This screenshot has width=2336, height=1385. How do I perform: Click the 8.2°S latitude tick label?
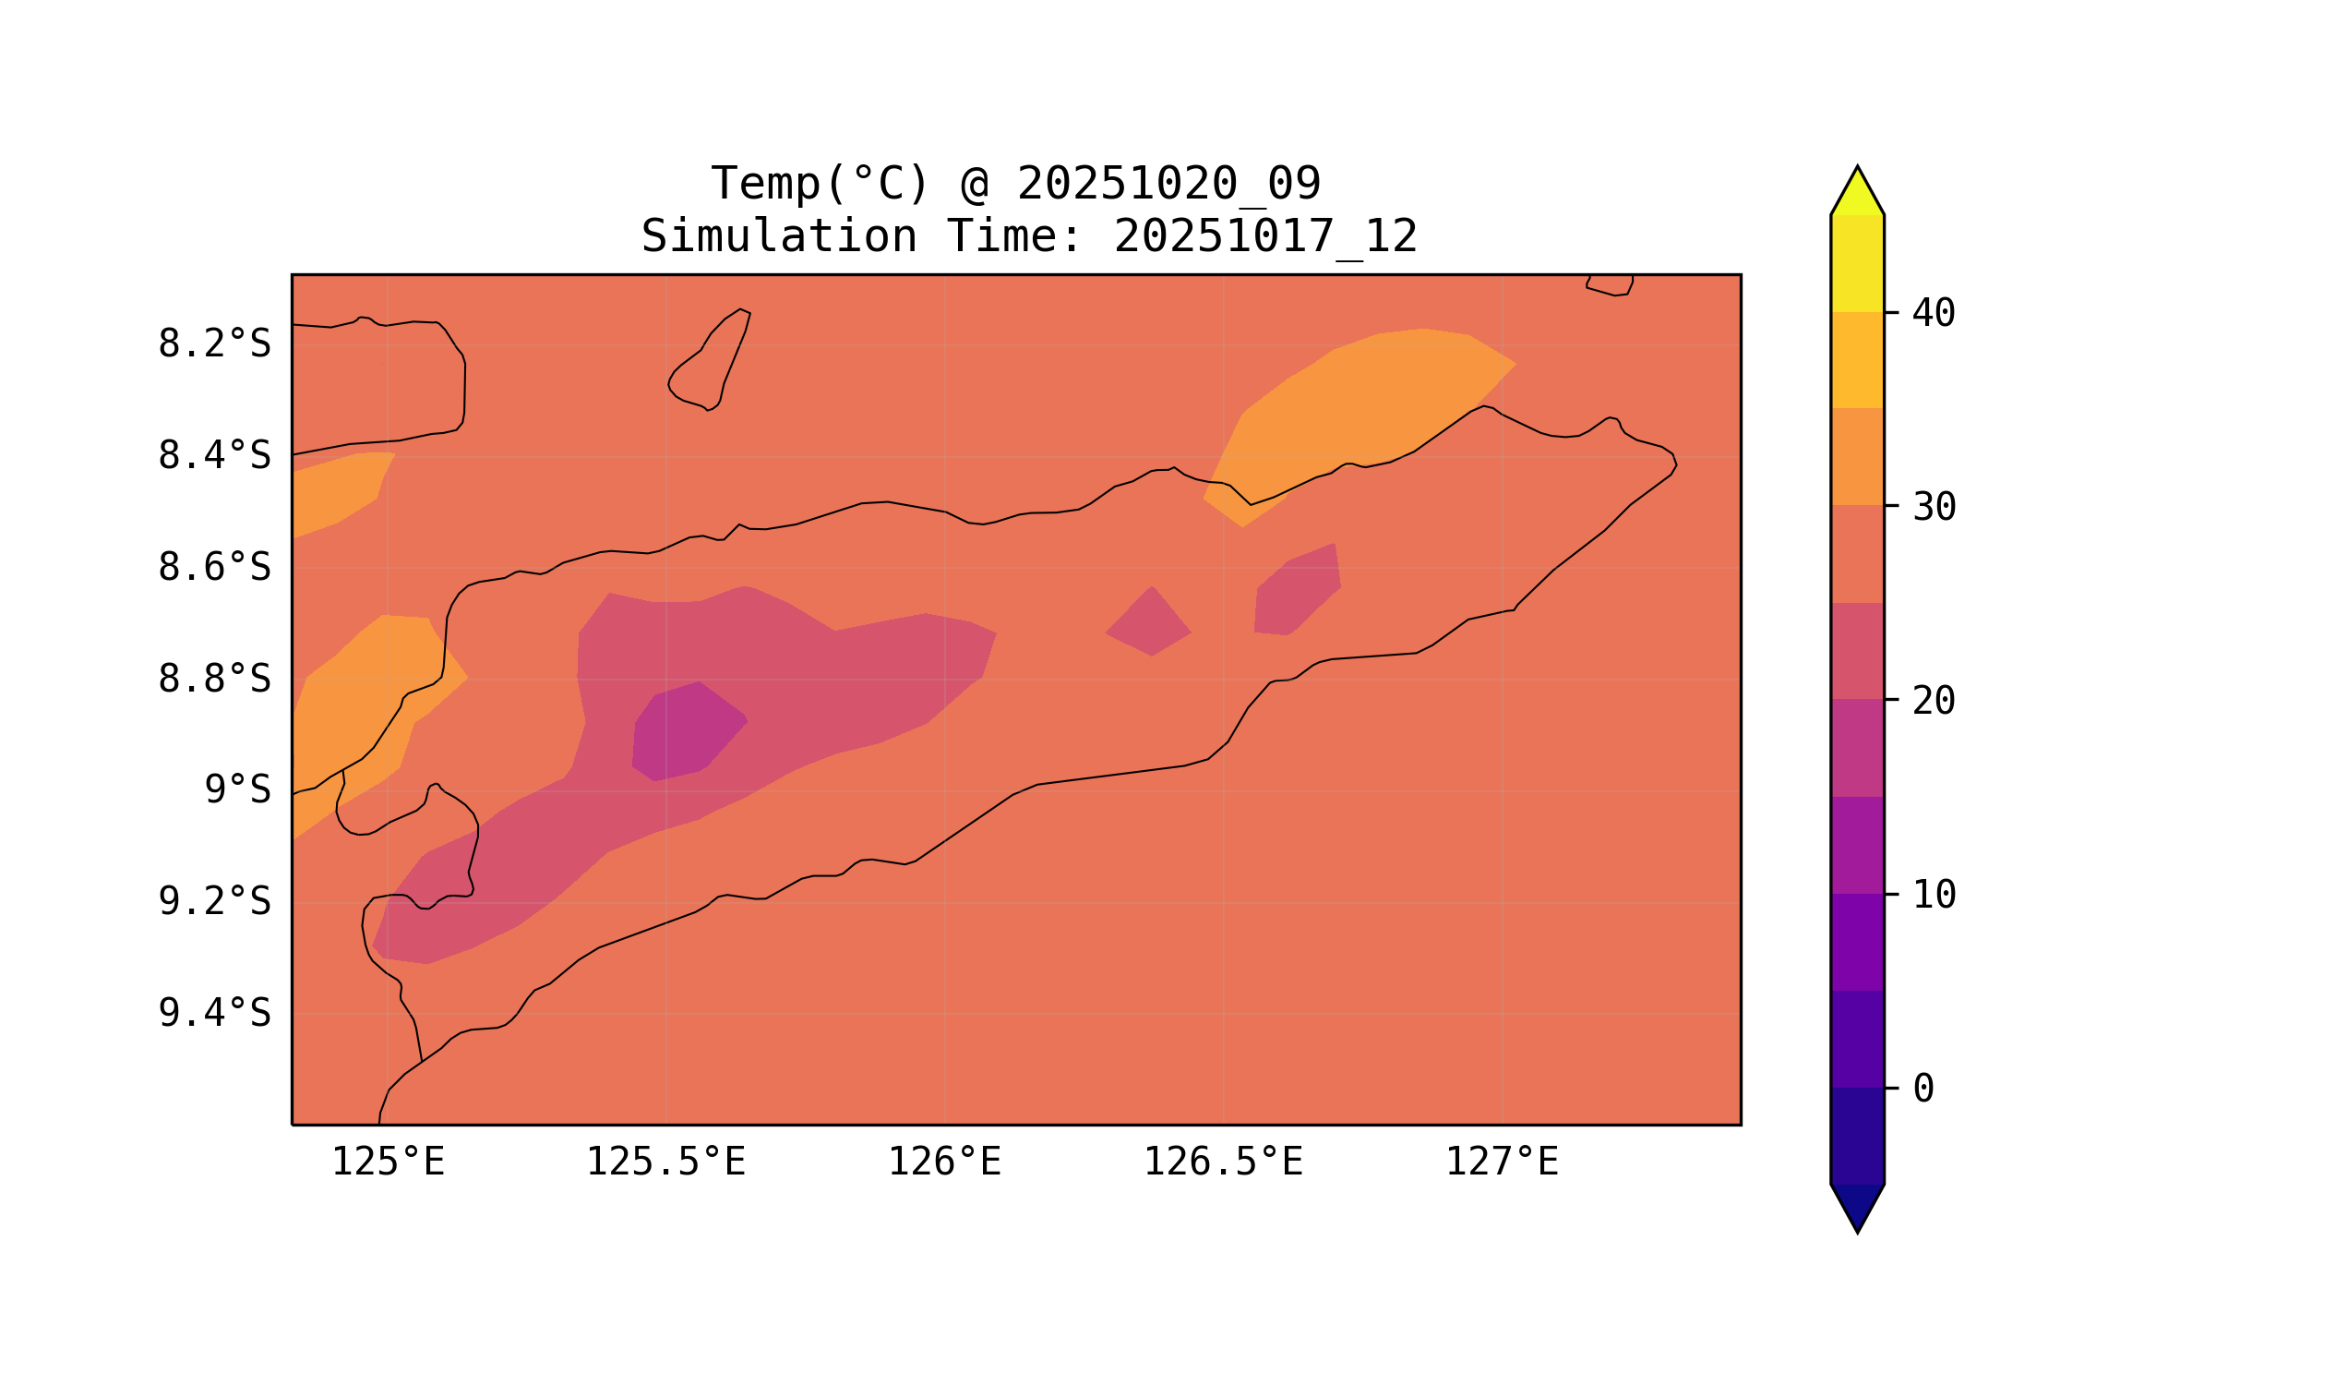[213, 344]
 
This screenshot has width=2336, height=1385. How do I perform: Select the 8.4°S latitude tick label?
[213, 456]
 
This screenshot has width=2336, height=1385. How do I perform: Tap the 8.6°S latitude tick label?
[213, 568]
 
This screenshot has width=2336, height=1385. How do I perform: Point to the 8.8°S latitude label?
[213, 680]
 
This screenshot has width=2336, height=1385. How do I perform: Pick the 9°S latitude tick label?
[237, 790]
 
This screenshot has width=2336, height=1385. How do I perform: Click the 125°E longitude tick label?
[388, 1162]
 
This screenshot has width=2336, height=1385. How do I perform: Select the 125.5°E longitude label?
[665, 1162]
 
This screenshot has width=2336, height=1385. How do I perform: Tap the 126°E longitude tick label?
[944, 1162]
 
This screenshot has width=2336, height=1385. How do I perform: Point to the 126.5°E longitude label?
[1222, 1162]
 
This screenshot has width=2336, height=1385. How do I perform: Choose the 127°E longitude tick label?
[1501, 1162]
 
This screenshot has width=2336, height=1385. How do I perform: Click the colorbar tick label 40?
[1933, 314]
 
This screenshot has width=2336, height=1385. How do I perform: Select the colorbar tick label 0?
[1923, 1090]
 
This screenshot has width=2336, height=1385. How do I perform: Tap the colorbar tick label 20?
[1933, 702]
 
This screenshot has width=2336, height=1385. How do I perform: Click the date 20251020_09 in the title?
[1168, 184]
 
